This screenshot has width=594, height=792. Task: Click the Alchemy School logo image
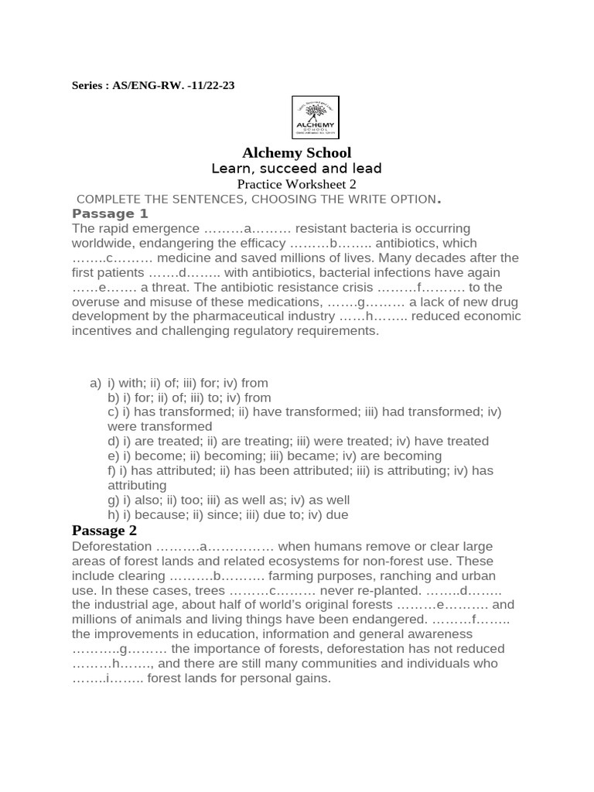click(315, 118)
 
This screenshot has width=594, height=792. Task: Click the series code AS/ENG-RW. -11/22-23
click(174, 86)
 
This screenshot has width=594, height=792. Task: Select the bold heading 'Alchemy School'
click(297, 152)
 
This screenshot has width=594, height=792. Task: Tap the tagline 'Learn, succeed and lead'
click(297, 169)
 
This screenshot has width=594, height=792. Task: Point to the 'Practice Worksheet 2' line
click(296, 184)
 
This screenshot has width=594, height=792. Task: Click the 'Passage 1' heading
click(110, 213)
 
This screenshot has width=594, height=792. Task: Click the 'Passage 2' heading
click(104, 531)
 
